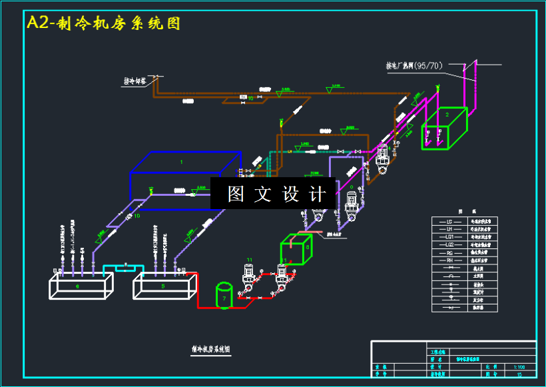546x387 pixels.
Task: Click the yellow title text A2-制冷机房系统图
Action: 103,23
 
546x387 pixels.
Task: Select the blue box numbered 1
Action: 184,180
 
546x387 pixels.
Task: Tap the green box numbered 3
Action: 296,249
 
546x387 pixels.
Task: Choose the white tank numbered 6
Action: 81,286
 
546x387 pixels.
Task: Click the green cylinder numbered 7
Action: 224,295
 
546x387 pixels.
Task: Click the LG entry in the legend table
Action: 449,221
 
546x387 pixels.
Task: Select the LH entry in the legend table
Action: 449,229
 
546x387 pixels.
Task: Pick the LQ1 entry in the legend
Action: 449,237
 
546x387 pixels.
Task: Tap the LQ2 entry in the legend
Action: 449,244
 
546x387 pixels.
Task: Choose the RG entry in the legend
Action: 449,252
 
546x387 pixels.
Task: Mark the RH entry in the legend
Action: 449,260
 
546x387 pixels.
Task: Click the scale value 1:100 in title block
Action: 519,367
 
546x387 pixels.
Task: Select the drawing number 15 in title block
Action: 519,375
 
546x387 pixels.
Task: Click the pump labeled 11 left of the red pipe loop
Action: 248,278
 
